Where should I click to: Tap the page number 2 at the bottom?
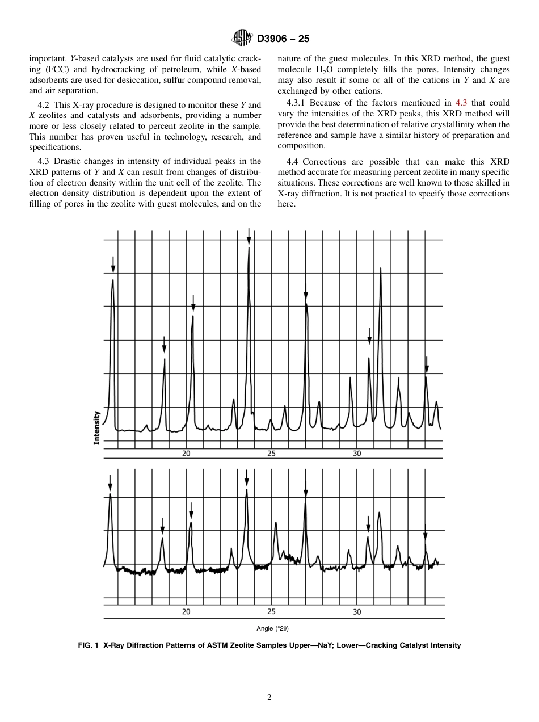pyautogui.click(x=269, y=698)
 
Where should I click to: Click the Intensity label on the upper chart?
pyautogui.click(x=96, y=427)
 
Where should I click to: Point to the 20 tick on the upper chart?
pyautogui.click(x=186, y=454)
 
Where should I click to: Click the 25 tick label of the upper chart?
pyautogui.click(x=271, y=454)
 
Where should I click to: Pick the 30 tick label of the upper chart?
pyautogui.click(x=357, y=454)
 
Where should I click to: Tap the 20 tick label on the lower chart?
pyautogui.click(x=186, y=612)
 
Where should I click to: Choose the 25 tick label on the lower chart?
pyautogui.click(x=271, y=612)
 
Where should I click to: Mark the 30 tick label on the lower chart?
pyautogui.click(x=357, y=612)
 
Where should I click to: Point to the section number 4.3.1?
pyautogui.click(x=296, y=103)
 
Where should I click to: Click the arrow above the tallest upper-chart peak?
pyautogui.click(x=249, y=234)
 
